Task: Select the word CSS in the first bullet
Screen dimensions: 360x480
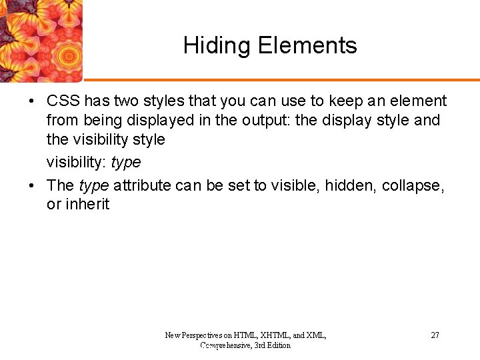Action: [x=63, y=101]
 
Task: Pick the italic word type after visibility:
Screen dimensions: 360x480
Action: [x=125, y=163]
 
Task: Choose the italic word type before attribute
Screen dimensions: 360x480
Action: [x=93, y=185]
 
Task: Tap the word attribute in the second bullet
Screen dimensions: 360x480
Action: [x=142, y=185]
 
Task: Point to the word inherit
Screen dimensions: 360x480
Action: [x=87, y=205]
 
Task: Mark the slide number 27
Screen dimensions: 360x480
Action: [x=435, y=335]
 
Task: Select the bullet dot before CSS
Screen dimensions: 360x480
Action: [x=31, y=102]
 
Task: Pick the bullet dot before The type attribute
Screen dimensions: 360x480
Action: [x=31, y=186]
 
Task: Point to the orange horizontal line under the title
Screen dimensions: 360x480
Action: [x=280, y=80]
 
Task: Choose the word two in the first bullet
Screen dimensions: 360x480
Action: [x=125, y=101]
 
